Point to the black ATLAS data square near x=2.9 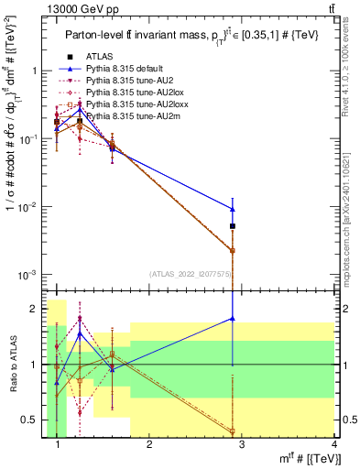(234, 226)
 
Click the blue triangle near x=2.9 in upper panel (234, 209)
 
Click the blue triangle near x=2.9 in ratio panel (234, 319)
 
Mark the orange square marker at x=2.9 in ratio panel (234, 431)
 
